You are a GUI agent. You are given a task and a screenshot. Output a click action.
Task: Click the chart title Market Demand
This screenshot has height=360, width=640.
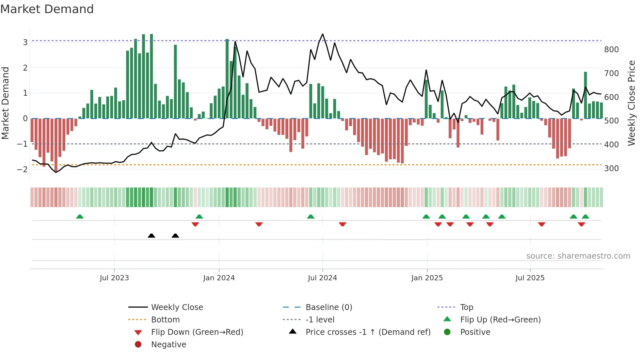(x=47, y=9)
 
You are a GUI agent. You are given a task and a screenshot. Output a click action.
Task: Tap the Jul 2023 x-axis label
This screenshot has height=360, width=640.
(x=114, y=278)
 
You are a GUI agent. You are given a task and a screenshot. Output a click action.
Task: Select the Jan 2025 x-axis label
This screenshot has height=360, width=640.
(x=427, y=278)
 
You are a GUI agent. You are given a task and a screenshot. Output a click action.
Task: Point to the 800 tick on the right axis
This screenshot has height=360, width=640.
(x=611, y=50)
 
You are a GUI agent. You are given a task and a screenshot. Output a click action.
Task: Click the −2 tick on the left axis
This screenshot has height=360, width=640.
(x=23, y=169)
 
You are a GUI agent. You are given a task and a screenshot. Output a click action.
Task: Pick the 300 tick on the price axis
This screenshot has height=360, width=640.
(x=611, y=169)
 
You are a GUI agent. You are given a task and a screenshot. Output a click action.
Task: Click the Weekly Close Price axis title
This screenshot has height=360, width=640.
(x=632, y=103)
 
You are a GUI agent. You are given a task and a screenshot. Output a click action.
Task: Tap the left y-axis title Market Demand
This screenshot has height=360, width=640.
(x=6, y=103)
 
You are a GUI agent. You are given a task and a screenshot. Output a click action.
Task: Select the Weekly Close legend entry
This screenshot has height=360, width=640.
(x=177, y=307)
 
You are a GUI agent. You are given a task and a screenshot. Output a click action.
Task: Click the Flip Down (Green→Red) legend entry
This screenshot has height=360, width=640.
(x=197, y=332)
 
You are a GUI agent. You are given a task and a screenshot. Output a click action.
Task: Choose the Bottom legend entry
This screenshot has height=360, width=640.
(x=165, y=320)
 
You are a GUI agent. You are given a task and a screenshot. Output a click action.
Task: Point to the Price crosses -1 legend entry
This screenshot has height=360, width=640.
(x=368, y=332)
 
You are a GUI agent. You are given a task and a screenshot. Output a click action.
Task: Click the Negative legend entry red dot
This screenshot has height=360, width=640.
(x=138, y=345)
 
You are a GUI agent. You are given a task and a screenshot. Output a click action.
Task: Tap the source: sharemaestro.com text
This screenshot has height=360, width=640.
(x=578, y=256)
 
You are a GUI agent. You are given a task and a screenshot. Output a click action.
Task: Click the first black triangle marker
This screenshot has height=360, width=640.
(x=152, y=236)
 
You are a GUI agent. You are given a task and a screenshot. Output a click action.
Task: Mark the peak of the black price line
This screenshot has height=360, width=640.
(x=323, y=34)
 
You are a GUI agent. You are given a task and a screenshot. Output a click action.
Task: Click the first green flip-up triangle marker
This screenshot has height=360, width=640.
(x=80, y=217)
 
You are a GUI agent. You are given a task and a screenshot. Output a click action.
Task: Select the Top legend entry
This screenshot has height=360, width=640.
(x=466, y=307)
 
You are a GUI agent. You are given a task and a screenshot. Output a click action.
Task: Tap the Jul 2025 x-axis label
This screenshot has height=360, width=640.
(x=530, y=278)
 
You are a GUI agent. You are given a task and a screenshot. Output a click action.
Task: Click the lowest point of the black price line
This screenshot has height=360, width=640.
(x=56, y=172)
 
